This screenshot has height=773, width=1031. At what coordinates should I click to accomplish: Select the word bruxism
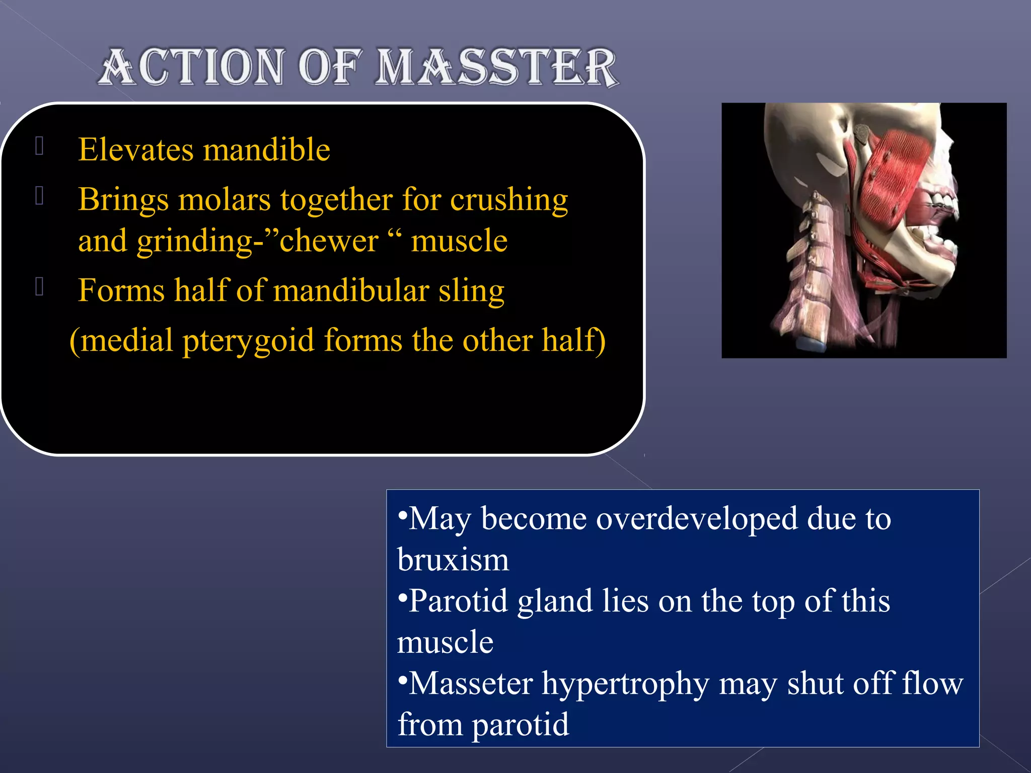[453, 559]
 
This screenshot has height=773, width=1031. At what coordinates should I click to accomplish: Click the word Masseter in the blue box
[471, 683]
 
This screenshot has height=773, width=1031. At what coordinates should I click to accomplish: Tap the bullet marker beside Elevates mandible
[40, 146]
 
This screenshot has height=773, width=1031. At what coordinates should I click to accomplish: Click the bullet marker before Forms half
[40, 287]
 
